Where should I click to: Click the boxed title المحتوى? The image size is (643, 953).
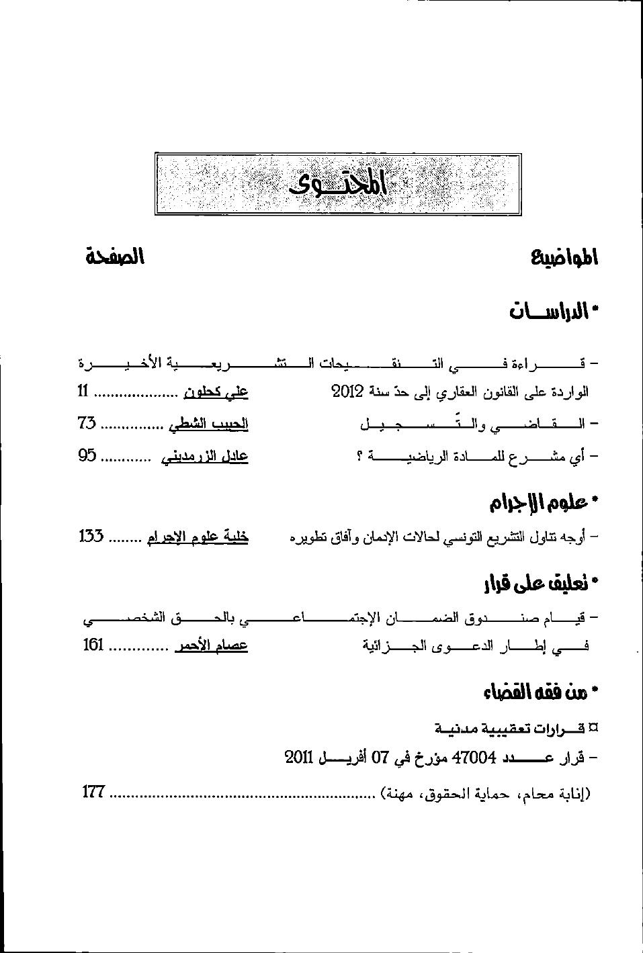pyautogui.click(x=339, y=184)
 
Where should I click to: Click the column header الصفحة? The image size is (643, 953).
pyautogui.click(x=115, y=257)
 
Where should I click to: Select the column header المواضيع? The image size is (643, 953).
pyautogui.click(x=564, y=257)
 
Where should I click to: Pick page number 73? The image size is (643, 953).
pyautogui.click(x=87, y=424)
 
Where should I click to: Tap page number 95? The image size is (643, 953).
pyautogui.click(x=87, y=456)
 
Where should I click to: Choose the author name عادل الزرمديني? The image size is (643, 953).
pyautogui.click(x=205, y=457)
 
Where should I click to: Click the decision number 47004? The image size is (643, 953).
pyautogui.click(x=475, y=758)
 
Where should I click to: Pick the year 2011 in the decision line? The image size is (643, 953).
pyautogui.click(x=300, y=758)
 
